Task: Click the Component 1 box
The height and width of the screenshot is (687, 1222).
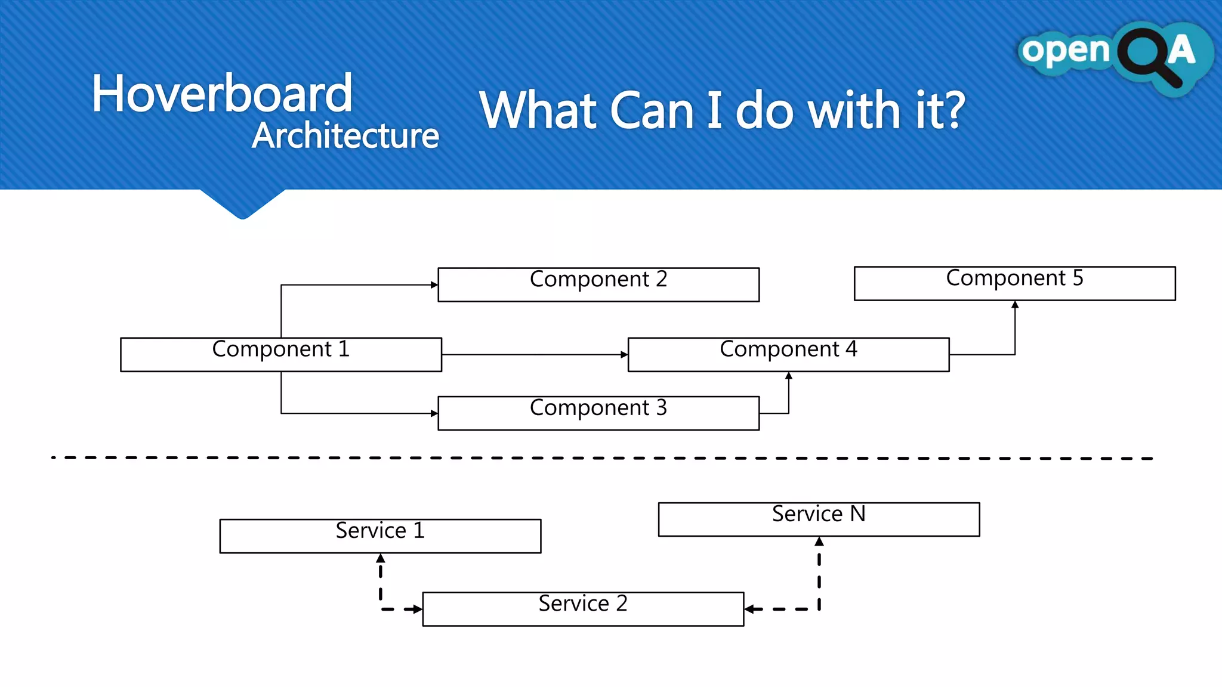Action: (280, 354)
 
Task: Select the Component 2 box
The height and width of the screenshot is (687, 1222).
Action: (598, 284)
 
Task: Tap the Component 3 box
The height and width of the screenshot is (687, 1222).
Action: (598, 413)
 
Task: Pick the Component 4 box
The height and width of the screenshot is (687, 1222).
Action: (788, 354)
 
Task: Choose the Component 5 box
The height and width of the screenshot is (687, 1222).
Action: (1014, 283)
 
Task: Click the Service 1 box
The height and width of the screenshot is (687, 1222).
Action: (380, 536)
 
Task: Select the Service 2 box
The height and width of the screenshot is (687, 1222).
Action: (583, 608)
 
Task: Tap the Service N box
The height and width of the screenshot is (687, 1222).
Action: (819, 519)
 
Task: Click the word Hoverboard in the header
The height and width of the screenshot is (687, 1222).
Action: (222, 94)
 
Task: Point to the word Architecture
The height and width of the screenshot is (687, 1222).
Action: (345, 136)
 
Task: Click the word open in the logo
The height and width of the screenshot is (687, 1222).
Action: (1065, 51)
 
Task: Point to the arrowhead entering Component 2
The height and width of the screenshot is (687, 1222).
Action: (434, 285)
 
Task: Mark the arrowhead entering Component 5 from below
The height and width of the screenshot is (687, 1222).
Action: (1015, 305)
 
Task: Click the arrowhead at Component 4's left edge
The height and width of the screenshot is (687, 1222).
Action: (624, 355)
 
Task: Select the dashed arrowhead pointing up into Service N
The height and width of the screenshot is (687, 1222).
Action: (819, 541)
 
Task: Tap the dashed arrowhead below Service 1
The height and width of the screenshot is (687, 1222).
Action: (381, 558)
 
